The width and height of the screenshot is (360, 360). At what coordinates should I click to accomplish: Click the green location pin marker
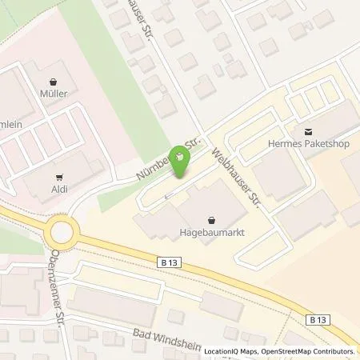182,164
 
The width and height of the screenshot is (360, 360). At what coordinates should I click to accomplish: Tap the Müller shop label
53,94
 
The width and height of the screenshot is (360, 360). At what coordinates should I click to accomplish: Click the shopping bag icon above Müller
53,81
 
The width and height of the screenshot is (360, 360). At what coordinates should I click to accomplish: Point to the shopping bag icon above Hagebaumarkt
211,220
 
